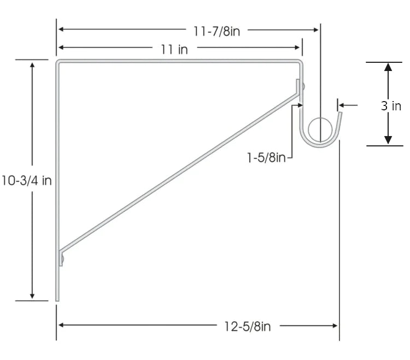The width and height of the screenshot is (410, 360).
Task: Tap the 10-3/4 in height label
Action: pyautogui.click(x=27, y=181)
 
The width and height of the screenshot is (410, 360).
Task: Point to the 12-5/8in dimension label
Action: pyautogui.click(x=247, y=327)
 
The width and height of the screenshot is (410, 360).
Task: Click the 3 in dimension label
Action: pyautogui.click(x=391, y=106)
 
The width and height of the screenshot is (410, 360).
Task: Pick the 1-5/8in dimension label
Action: pyautogui.click(x=266, y=158)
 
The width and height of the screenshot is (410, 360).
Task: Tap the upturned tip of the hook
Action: pyautogui.click(x=339, y=115)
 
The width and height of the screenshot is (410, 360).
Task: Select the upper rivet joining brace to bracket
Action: pyautogui.click(x=303, y=86)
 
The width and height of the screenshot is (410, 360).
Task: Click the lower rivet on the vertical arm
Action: pyautogui.click(x=62, y=258)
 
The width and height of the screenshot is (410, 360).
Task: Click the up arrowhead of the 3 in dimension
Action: pyautogui.click(x=388, y=67)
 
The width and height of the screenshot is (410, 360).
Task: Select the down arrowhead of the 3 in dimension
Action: pyautogui.click(x=388, y=140)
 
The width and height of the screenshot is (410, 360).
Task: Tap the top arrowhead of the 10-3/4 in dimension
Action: pyautogui.click(x=33, y=64)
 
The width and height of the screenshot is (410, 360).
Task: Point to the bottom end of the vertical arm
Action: pyautogui.click(x=57, y=299)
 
